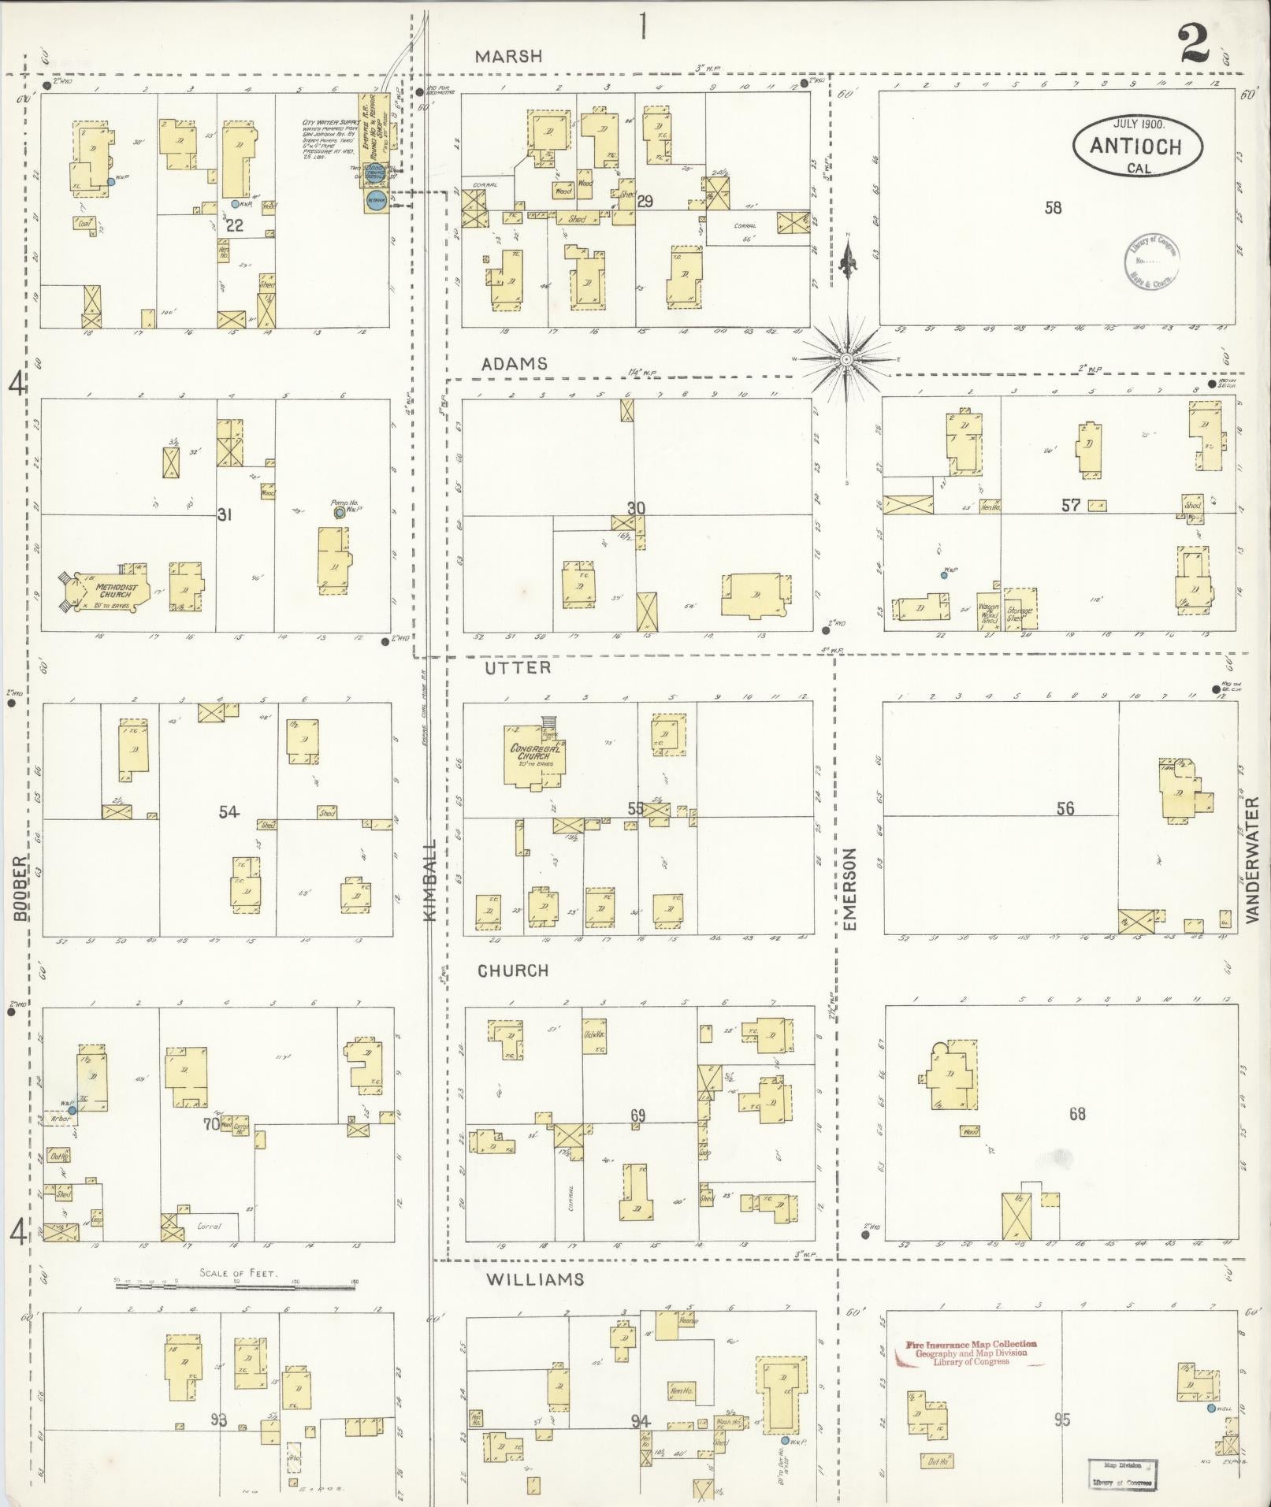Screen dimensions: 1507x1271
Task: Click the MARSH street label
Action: pyautogui.click(x=509, y=56)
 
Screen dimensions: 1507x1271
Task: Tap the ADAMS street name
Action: pyautogui.click(x=514, y=364)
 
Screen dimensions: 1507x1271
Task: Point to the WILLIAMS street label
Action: pyautogui.click(x=535, y=1279)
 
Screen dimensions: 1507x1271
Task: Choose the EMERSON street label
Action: pyautogui.click(x=849, y=890)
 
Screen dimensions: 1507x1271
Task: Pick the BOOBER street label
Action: pyautogui.click(x=20, y=889)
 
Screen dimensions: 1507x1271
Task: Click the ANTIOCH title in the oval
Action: pyautogui.click(x=1136, y=146)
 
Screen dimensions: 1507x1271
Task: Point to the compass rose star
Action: pyautogui.click(x=846, y=359)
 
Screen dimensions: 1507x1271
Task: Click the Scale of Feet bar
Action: pyautogui.click(x=236, y=1286)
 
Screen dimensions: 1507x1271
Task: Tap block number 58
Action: pyautogui.click(x=1053, y=208)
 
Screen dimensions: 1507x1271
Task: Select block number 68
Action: pyautogui.click(x=1077, y=1114)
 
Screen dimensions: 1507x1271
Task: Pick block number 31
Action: pyautogui.click(x=225, y=515)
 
